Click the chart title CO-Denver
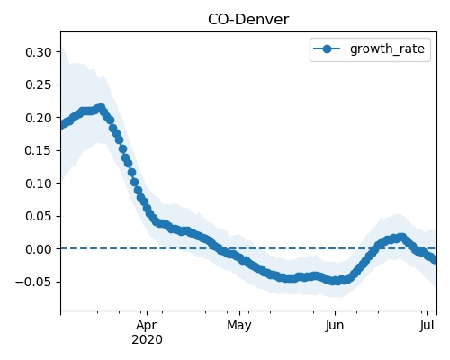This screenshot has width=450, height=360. (248, 20)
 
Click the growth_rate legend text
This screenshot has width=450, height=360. (387, 49)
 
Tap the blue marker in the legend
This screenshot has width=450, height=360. (327, 49)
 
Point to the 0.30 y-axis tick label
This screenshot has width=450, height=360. (39, 52)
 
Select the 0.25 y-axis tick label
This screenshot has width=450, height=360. (39, 85)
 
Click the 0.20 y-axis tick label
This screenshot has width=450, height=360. (39, 118)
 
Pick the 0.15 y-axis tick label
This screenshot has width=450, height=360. (39, 150)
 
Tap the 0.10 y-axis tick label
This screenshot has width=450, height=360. (39, 184)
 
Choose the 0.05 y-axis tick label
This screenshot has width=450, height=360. (39, 216)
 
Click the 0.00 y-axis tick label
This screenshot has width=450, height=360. (39, 249)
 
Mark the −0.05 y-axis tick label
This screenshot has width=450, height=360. (34, 282)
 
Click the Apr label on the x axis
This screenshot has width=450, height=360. (147, 326)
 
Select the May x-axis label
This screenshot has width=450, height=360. (239, 326)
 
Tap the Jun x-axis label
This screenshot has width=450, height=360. (335, 326)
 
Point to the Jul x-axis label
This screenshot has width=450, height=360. (427, 326)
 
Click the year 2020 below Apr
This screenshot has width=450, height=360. (147, 340)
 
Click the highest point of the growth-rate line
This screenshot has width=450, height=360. (102, 107)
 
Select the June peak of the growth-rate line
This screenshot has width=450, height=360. (402, 238)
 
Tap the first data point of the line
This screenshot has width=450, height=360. (61, 125)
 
